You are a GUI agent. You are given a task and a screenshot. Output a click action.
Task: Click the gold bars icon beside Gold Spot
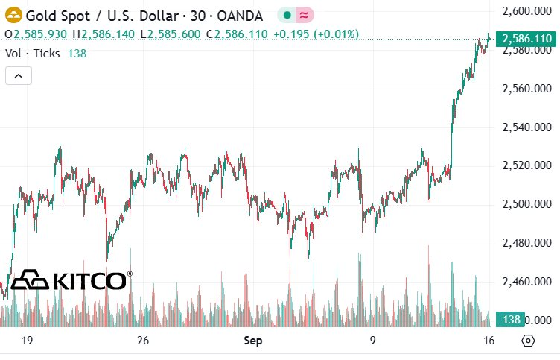13,16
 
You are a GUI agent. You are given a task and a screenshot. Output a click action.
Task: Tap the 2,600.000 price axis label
526,11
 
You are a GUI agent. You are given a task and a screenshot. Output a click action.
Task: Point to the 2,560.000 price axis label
526,88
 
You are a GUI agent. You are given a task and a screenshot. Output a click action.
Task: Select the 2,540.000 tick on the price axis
526,127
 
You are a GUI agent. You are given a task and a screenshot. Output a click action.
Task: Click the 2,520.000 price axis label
526,165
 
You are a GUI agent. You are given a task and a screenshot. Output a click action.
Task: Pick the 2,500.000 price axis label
526,204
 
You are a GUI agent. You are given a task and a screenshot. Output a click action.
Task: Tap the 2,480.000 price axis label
526,243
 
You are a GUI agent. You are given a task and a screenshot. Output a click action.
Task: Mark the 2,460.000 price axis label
526,282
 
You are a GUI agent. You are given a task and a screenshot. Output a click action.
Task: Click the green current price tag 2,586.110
526,38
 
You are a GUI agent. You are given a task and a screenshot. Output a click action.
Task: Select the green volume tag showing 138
510,319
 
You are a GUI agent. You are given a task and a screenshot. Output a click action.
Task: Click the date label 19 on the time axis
27,340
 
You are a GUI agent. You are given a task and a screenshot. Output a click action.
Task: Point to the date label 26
143,340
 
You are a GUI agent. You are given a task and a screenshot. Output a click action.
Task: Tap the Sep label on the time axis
253,341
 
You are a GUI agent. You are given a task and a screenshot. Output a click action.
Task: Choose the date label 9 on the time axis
372,340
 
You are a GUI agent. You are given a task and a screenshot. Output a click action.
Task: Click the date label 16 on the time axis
489,340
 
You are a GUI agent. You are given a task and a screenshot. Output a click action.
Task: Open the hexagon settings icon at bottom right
528,341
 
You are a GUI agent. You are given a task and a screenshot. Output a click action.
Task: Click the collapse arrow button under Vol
19,76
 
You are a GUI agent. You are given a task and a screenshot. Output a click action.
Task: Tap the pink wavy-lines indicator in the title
305,15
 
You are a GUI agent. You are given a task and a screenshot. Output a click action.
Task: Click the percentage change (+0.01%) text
336,34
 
